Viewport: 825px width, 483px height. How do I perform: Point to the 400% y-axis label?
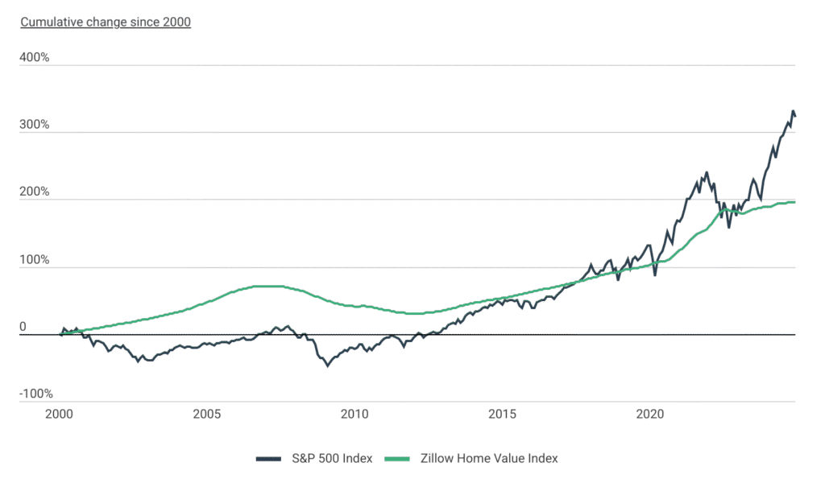click(x=34, y=58)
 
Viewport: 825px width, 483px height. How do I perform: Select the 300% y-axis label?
click(x=34, y=126)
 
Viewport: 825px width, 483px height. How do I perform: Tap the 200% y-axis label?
click(x=34, y=192)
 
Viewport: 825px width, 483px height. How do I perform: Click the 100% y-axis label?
click(x=34, y=260)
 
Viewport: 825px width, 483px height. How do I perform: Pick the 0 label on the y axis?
click(x=23, y=327)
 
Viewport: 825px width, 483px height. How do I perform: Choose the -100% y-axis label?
click(x=36, y=394)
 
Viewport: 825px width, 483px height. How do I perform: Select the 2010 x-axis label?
click(x=354, y=415)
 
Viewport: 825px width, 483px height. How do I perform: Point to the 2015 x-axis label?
click(x=502, y=415)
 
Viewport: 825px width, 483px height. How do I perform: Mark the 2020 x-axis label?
click(x=650, y=415)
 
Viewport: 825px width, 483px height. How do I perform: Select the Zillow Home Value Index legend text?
click(x=489, y=458)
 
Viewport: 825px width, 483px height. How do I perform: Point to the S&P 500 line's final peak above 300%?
click(x=793, y=111)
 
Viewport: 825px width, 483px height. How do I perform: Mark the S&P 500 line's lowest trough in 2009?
click(x=327, y=366)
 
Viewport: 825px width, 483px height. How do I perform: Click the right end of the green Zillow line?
click(x=795, y=202)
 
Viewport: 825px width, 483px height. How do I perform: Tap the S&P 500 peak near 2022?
click(x=707, y=171)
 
